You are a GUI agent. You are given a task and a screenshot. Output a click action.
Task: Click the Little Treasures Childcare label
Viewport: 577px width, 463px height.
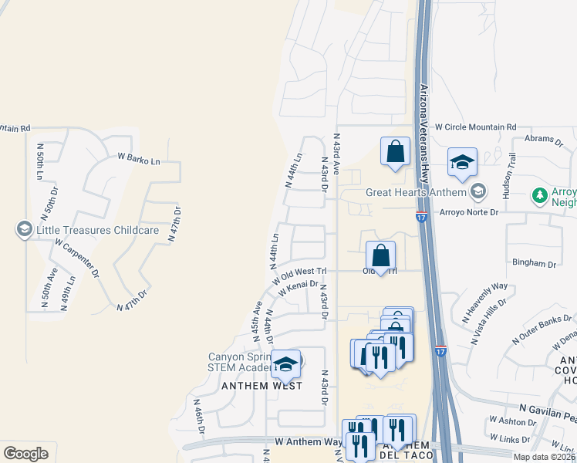(97, 230)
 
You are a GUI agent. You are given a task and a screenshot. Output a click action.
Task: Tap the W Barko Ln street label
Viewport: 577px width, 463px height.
(138, 159)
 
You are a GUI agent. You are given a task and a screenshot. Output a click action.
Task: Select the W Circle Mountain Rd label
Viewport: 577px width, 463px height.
(475, 127)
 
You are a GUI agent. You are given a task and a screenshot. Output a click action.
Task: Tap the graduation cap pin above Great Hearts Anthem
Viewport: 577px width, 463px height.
(462, 163)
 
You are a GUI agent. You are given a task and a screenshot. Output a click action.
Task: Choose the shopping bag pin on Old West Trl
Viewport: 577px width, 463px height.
(380, 256)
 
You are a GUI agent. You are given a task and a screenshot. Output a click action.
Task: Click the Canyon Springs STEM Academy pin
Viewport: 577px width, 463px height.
(286, 364)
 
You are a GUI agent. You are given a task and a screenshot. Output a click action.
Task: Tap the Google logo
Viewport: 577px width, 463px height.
(25, 453)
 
